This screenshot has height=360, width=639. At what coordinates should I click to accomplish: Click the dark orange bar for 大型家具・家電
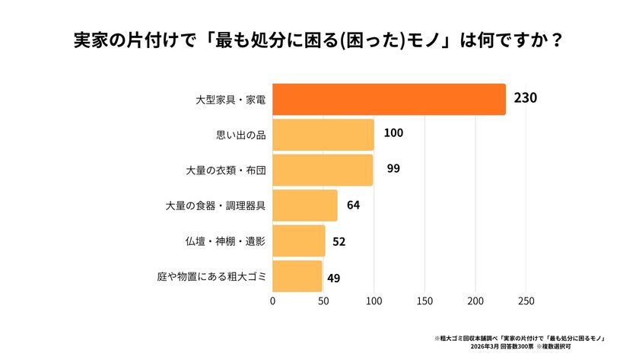[389, 100]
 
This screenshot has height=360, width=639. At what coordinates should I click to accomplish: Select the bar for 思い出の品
[323, 135]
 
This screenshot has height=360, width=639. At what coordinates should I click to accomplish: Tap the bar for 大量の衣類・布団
[323, 170]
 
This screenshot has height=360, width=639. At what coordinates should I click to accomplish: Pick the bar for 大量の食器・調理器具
[304, 205]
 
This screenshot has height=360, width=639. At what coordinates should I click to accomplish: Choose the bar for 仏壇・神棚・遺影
[298, 241]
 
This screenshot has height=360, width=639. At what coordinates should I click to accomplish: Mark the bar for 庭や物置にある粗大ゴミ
[297, 276]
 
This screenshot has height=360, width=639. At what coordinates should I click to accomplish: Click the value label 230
[526, 98]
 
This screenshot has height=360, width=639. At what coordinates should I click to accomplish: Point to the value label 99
[393, 168]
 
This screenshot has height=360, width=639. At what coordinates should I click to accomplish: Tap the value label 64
[353, 205]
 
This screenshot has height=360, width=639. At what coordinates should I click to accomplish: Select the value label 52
[339, 241]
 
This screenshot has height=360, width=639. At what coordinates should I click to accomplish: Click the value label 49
[333, 278]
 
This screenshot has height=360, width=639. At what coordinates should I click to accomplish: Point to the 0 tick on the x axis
[273, 301]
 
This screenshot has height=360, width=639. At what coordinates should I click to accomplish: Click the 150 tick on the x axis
[424, 301]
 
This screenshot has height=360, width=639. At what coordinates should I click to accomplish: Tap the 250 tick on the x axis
[526, 301]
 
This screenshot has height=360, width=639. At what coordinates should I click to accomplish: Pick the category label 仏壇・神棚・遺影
[225, 241]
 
